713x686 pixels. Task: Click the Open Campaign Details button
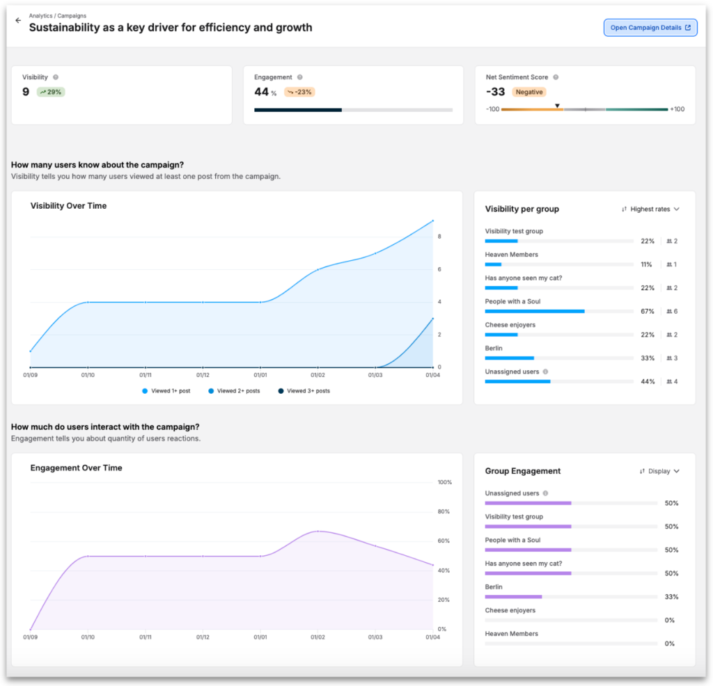coord(650,28)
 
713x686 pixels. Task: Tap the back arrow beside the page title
coord(18,21)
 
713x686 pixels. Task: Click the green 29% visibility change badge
coord(52,92)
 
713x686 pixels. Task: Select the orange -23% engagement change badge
coord(299,92)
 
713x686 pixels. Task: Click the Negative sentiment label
coord(529,92)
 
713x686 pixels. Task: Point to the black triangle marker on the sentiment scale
coord(557,106)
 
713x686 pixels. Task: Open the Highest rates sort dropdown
coord(650,209)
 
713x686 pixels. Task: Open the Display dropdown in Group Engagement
coord(659,471)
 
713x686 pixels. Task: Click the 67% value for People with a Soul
coord(648,312)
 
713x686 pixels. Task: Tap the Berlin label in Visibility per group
coord(494,348)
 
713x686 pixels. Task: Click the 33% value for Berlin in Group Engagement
coord(671,597)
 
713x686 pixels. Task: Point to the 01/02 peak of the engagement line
coord(318,531)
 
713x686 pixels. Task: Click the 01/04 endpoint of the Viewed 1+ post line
coord(433,221)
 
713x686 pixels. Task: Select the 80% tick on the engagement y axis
coord(444,511)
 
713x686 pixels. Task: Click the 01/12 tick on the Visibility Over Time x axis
coord(203,375)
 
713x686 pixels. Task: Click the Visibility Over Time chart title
coord(68,206)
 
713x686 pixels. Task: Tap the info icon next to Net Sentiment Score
coord(556,77)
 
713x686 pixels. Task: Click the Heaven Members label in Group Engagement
coord(511,634)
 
